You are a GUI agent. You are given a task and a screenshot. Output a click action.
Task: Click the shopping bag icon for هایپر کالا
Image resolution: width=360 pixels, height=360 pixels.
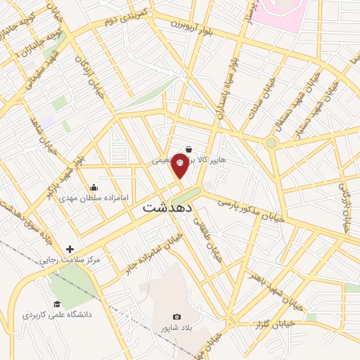[x=189, y=149]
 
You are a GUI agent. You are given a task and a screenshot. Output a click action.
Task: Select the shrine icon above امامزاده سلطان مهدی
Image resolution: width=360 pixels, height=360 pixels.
[x=94, y=187]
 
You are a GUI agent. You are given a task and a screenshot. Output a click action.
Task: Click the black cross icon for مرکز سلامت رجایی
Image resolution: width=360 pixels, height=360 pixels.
[x=70, y=249]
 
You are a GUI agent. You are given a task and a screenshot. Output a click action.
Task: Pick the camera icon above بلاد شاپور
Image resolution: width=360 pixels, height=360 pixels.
[x=176, y=317]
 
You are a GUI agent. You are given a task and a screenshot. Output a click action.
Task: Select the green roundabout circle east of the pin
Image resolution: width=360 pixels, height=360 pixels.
[x=271, y=143]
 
